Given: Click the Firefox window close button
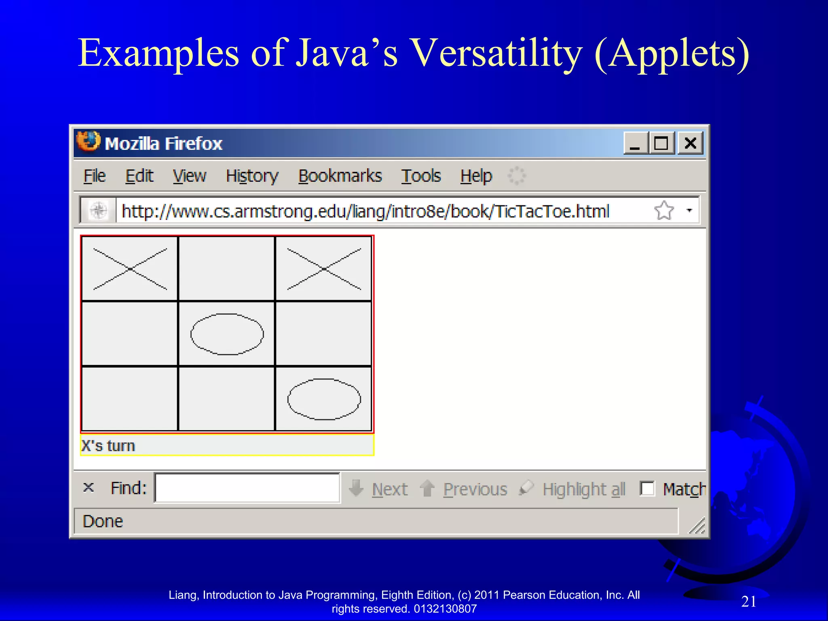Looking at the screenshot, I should (x=690, y=143).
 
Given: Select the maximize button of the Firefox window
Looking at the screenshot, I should (x=662, y=143).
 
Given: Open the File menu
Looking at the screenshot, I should (x=95, y=176).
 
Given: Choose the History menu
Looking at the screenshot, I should (x=252, y=176).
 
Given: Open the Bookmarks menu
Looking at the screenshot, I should (x=340, y=176).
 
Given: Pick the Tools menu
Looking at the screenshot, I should (x=421, y=176).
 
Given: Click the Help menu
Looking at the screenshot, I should (x=476, y=176).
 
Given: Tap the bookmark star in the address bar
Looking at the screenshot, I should (x=664, y=210).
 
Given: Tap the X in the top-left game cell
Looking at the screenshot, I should (x=130, y=269).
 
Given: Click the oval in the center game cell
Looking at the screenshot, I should (x=227, y=334).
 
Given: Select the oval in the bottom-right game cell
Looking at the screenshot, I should (x=324, y=399).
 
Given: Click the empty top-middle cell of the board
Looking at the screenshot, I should (x=227, y=269).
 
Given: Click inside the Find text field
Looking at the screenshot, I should (x=247, y=488).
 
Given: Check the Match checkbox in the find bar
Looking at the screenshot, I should (x=647, y=488).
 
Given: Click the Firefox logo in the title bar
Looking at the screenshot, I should (x=88, y=142).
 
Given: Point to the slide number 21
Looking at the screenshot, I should (x=749, y=601).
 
